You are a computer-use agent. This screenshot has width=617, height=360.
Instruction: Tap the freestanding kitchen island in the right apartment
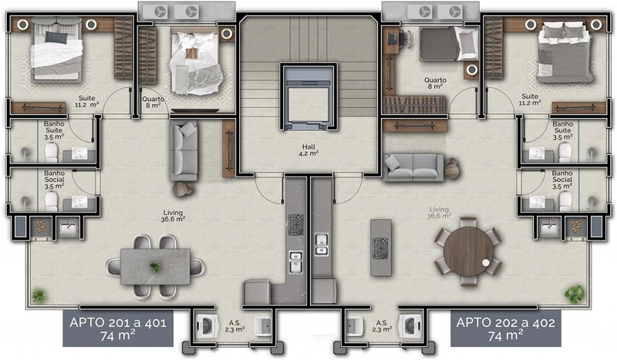pos(379,247)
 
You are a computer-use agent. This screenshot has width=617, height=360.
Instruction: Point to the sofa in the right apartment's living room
pos(415,167)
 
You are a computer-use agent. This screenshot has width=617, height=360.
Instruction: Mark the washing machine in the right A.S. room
pos(408,325)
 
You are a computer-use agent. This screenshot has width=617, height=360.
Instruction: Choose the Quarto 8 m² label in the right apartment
pos(437,84)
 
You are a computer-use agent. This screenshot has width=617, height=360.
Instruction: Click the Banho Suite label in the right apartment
pos(561,133)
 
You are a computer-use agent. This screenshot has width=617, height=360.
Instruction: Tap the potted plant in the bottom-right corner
pos(574,293)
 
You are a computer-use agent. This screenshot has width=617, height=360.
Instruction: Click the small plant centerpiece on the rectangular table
pos(156,267)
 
